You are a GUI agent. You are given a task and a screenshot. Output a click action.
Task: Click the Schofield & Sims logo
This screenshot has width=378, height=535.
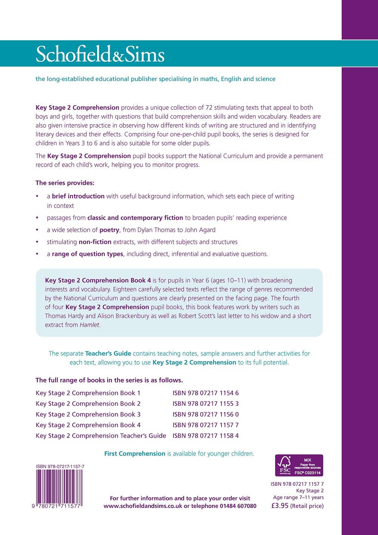(x=100, y=55)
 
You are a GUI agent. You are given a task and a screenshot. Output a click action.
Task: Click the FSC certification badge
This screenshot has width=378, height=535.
(x=299, y=465)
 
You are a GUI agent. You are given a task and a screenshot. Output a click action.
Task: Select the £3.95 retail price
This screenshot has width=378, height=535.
(x=280, y=505)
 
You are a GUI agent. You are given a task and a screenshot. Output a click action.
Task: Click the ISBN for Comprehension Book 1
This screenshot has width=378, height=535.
(x=206, y=393)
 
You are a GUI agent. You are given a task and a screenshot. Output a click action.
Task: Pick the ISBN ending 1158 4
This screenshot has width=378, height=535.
(x=206, y=435)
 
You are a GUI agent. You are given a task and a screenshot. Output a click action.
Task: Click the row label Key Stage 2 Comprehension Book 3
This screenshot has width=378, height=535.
(x=88, y=414)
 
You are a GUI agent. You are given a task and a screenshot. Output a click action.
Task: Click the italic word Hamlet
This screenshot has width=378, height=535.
(x=90, y=325)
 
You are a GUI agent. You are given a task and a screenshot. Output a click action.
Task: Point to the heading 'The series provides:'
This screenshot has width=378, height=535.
(x=65, y=183)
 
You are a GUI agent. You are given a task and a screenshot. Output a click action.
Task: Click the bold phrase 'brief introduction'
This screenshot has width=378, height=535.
(x=78, y=196)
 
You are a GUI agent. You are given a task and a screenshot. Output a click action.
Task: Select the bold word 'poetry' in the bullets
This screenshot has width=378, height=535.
(x=109, y=230)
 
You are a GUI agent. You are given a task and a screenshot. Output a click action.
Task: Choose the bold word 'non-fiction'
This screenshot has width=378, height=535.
(x=95, y=242)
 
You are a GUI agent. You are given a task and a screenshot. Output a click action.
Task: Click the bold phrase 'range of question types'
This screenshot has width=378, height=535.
(x=87, y=254)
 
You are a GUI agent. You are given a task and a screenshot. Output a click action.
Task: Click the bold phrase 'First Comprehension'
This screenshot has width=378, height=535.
(x=135, y=454)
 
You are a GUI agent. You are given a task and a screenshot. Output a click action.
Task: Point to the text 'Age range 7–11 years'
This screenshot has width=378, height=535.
(x=298, y=498)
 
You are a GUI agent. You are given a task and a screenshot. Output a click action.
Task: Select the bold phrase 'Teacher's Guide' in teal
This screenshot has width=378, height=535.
(x=108, y=353)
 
